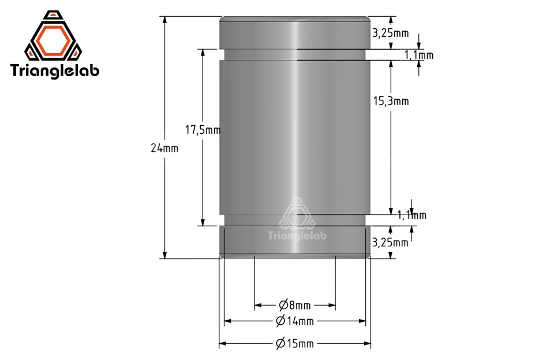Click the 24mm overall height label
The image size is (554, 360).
pos(164,148)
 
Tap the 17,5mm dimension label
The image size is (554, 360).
pos(203,130)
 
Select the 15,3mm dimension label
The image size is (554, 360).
pos(391,101)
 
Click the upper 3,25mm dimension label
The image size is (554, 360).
pos(391,33)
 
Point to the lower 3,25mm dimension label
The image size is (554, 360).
pos(390,242)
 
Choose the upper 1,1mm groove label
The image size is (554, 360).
pos(419,55)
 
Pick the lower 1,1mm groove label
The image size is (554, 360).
pos(411,215)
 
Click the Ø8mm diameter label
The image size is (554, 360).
pos(295,305)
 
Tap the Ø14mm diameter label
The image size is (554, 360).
pos(295,321)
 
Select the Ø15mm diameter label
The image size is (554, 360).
pos(295,343)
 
